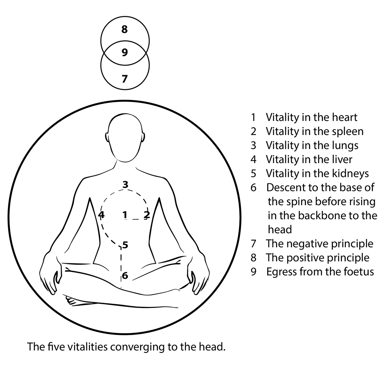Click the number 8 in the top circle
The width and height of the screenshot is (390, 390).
pos(125,30)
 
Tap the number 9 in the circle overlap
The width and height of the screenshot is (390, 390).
pos(125,53)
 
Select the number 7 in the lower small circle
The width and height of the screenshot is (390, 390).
pos(125,78)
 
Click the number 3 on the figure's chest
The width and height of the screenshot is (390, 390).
pos(125,185)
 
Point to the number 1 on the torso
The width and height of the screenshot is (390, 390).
pos(125,215)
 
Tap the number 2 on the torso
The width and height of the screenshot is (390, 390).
pos(146,214)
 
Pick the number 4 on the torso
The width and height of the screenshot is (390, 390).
pos(101,215)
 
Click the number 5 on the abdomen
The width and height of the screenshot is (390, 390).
pos(125,245)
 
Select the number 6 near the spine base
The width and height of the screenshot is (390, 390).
pos(125,276)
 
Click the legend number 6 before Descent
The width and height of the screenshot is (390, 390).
pos(253,188)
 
